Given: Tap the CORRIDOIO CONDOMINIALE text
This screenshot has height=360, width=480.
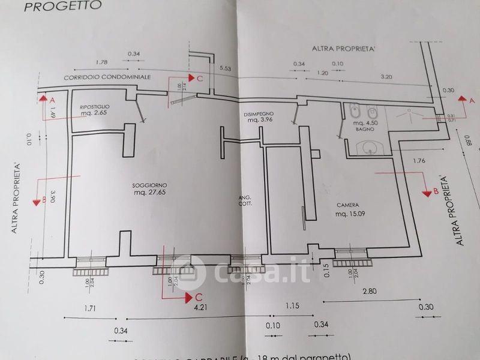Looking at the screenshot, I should click(x=109, y=79).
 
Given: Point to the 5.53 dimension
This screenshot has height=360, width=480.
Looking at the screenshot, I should click(x=226, y=70).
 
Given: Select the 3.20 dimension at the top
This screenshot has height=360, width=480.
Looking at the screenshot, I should click(x=386, y=77).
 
